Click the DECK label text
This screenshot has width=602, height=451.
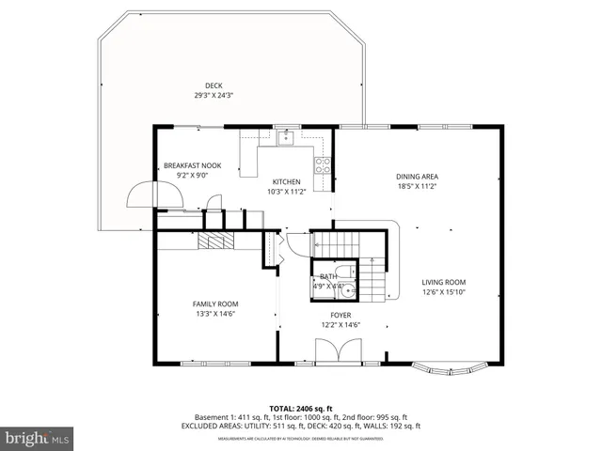click(199, 86)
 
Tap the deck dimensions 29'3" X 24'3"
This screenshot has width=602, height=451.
click(199, 95)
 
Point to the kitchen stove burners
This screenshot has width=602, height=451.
click(323, 165)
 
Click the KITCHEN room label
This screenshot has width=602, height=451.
click(286, 181)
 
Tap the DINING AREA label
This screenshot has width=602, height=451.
click(416, 176)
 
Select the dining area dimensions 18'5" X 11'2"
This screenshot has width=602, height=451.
click(416, 186)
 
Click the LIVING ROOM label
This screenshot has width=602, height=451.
click(443, 282)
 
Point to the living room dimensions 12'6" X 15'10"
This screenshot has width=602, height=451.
click(443, 292)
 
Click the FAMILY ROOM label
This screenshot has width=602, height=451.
click(215, 303)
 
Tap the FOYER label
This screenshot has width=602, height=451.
click(341, 316)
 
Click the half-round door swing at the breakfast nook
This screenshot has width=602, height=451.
click(143, 194)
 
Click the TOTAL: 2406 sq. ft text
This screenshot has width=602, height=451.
click(300, 408)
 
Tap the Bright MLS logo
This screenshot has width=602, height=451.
click(38, 439)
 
